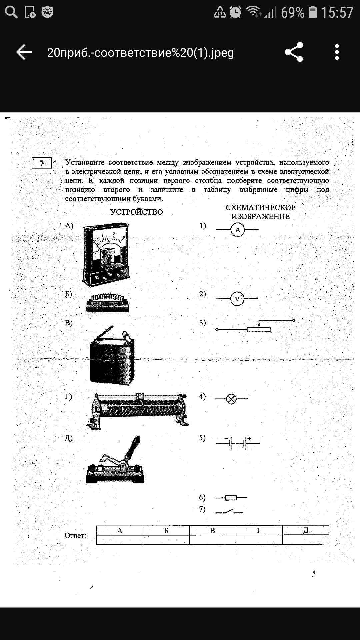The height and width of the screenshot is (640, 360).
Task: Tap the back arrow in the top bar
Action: click(24, 52)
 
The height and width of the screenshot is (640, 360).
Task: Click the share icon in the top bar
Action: click(294, 52)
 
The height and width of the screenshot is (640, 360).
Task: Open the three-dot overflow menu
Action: click(337, 52)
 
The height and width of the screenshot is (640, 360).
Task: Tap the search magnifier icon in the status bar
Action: click(11, 12)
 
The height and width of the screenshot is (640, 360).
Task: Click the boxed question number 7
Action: click(42, 163)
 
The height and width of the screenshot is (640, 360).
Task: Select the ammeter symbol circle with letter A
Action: click(237, 230)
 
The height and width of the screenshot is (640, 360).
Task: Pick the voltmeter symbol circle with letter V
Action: click(237, 299)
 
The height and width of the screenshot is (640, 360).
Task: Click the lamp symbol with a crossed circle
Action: click(231, 399)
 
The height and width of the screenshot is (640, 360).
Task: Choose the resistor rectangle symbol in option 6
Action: click(231, 498)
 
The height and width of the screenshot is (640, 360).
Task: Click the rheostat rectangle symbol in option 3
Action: click(259, 329)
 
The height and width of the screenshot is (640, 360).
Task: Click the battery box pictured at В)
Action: click(112, 358)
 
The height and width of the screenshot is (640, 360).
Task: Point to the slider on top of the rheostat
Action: click(140, 397)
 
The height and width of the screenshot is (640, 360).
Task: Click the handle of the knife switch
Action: click(132, 446)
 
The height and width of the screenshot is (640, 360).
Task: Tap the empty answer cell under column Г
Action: click(259, 540)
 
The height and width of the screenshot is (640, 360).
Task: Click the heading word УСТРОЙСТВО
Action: click(137, 212)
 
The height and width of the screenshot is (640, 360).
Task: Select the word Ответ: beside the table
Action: click(76, 536)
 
